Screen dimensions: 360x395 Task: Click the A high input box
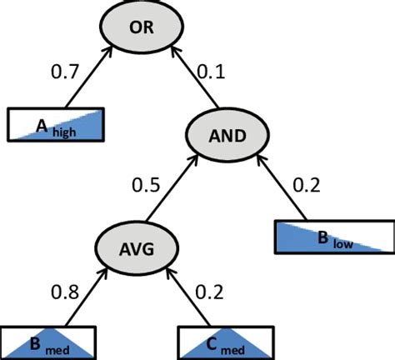point(57,124)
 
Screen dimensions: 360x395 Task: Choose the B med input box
point(48,342)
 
